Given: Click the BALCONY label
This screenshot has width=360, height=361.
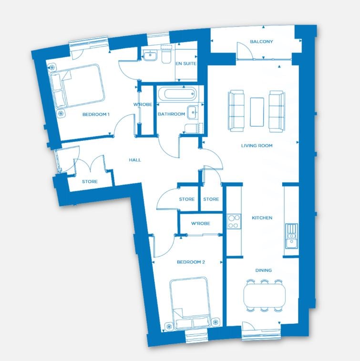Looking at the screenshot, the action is coord(261,41).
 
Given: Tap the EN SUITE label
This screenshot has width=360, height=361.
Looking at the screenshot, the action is coord(186,63).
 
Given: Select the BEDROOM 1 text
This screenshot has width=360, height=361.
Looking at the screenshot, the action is coord(96,114).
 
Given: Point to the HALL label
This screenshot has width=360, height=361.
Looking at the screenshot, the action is coord(135,160).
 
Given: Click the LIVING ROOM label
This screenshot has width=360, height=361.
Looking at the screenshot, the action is coord(257,146).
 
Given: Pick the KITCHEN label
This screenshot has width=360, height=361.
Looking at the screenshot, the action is coord(262,218).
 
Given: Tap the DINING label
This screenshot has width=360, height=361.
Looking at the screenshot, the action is coord(263,271).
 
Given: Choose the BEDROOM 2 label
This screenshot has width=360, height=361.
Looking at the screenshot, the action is coord(191,262).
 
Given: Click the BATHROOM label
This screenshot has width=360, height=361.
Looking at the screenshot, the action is coord(171,114).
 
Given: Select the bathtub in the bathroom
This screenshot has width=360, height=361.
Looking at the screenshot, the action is coord(177,94).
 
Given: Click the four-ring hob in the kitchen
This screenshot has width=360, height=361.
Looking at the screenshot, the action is coord(234,221).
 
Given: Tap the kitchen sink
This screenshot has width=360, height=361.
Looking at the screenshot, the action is coord(291,236).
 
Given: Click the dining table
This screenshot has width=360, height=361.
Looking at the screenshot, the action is coord(264,296).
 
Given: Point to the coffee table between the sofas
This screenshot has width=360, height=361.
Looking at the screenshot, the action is coord(257,112).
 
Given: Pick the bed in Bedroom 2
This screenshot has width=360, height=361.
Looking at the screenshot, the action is coord(190,303).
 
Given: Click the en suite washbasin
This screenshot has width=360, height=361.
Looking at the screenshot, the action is coord(150,56).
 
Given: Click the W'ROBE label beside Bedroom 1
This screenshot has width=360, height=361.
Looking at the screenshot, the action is coord(143,104).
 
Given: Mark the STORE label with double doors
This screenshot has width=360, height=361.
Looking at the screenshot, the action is coord(90,181).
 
